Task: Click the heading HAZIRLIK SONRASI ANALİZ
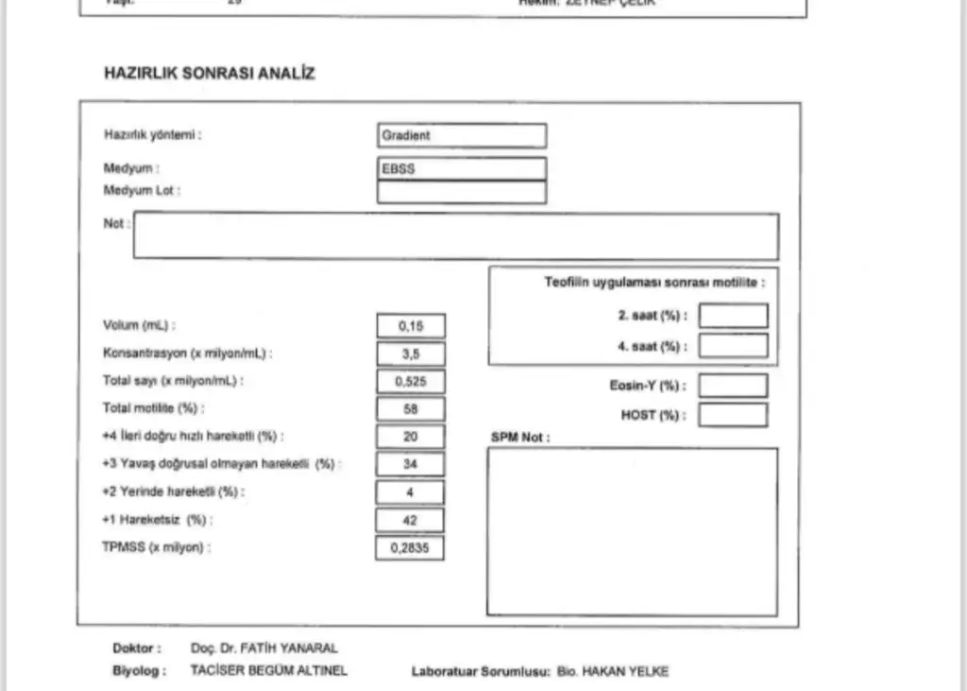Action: click(210, 74)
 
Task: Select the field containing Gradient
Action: click(461, 136)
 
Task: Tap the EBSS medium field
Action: click(461, 169)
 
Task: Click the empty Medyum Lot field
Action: click(461, 192)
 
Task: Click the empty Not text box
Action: click(455, 236)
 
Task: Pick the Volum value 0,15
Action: click(410, 326)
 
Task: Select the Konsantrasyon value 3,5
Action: click(410, 354)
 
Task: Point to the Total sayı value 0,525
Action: click(410, 381)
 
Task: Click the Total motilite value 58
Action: click(410, 408)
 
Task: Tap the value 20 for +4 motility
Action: click(410, 436)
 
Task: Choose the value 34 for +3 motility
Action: click(410, 464)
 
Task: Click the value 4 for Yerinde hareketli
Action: click(410, 492)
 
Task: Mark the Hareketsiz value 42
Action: click(410, 520)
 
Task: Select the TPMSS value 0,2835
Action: click(410, 547)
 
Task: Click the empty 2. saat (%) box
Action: click(733, 316)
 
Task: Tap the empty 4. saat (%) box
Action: click(733, 346)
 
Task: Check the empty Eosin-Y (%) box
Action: click(733, 386)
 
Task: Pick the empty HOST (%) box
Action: click(733, 415)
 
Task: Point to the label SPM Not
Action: click(519, 438)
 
